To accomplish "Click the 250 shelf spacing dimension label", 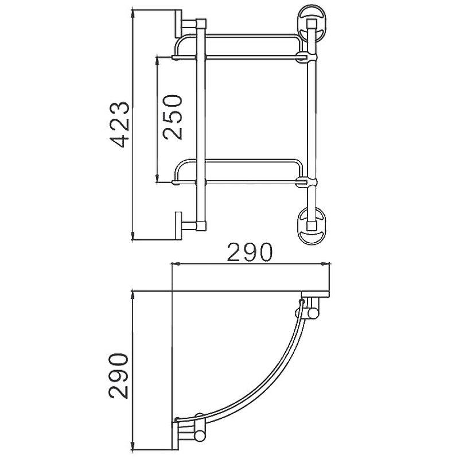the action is (x=173, y=117).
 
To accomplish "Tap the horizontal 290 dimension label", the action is (x=250, y=252).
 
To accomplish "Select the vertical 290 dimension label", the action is (x=119, y=376).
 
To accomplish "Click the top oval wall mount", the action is (x=312, y=22).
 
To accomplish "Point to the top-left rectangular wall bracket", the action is (x=178, y=24).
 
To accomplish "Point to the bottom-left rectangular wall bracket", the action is (x=178, y=226).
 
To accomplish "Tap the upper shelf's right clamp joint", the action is (x=305, y=56).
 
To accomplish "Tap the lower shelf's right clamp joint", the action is (x=305, y=182).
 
